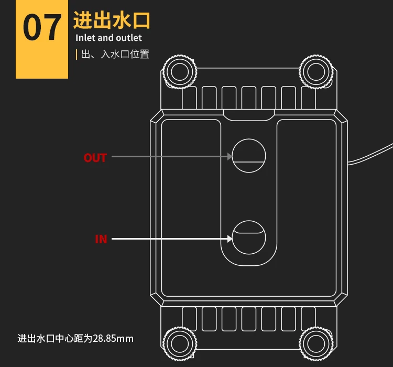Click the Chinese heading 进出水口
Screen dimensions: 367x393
pos(112,20)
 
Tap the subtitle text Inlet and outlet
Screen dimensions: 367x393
pos(108,38)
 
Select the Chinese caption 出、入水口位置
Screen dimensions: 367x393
pos(115,54)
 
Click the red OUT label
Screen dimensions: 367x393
pos(95,158)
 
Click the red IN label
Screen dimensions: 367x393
pos(101,239)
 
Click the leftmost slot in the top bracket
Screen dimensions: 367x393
pos(189,98)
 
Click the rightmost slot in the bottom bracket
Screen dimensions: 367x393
pos(308,318)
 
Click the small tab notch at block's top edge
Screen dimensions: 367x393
pos(249,115)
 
